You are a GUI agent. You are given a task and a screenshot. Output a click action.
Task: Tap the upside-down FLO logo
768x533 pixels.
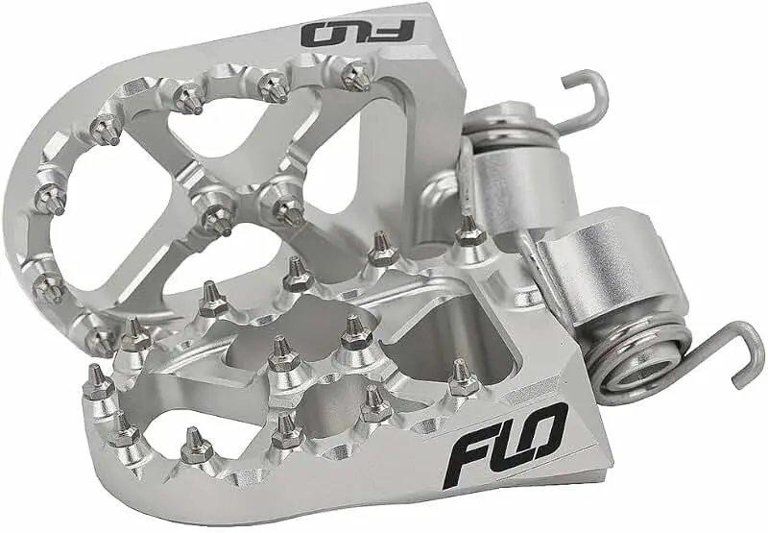click(358, 34)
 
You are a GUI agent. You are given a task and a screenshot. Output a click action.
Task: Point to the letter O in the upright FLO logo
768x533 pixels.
click(543, 431)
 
